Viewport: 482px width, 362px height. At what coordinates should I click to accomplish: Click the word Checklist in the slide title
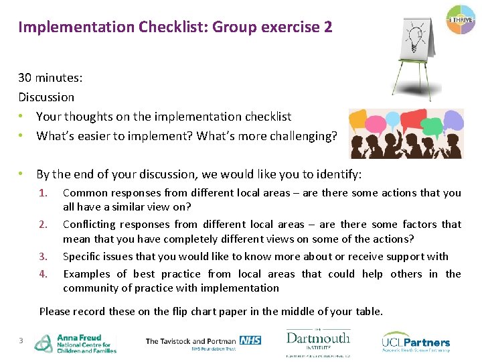click(171, 27)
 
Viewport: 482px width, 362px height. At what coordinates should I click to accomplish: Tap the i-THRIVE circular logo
click(460, 21)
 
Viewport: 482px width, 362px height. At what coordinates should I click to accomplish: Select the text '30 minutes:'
click(50, 78)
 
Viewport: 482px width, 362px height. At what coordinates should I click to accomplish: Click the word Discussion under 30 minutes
click(46, 97)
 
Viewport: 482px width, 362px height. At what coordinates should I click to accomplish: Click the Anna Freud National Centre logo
click(76, 343)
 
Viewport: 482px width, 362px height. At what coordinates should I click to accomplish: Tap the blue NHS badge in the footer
click(250, 340)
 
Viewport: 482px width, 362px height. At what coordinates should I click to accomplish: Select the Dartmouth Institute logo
click(318, 343)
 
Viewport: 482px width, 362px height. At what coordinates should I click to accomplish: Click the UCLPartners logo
click(416, 343)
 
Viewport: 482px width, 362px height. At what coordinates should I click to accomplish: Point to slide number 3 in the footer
click(21, 341)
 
